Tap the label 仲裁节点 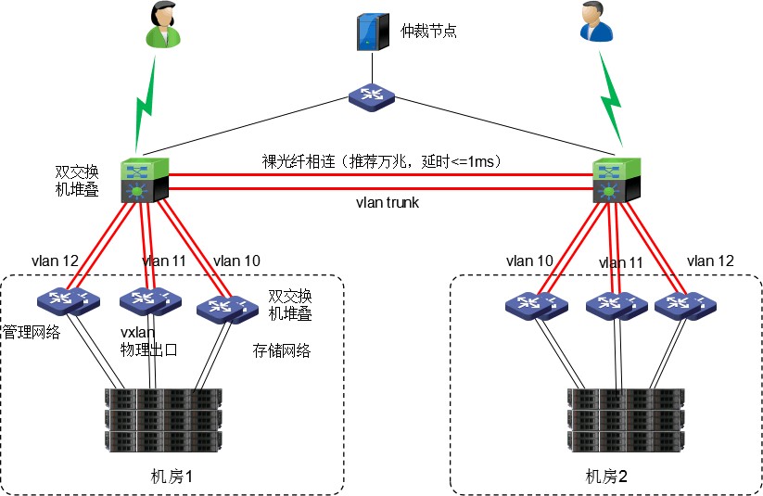click(x=428, y=32)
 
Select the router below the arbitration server click(x=373, y=95)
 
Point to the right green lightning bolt click(x=611, y=100)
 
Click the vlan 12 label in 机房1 click(x=55, y=261)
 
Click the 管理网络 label click(x=32, y=332)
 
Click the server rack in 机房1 click(x=163, y=419)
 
